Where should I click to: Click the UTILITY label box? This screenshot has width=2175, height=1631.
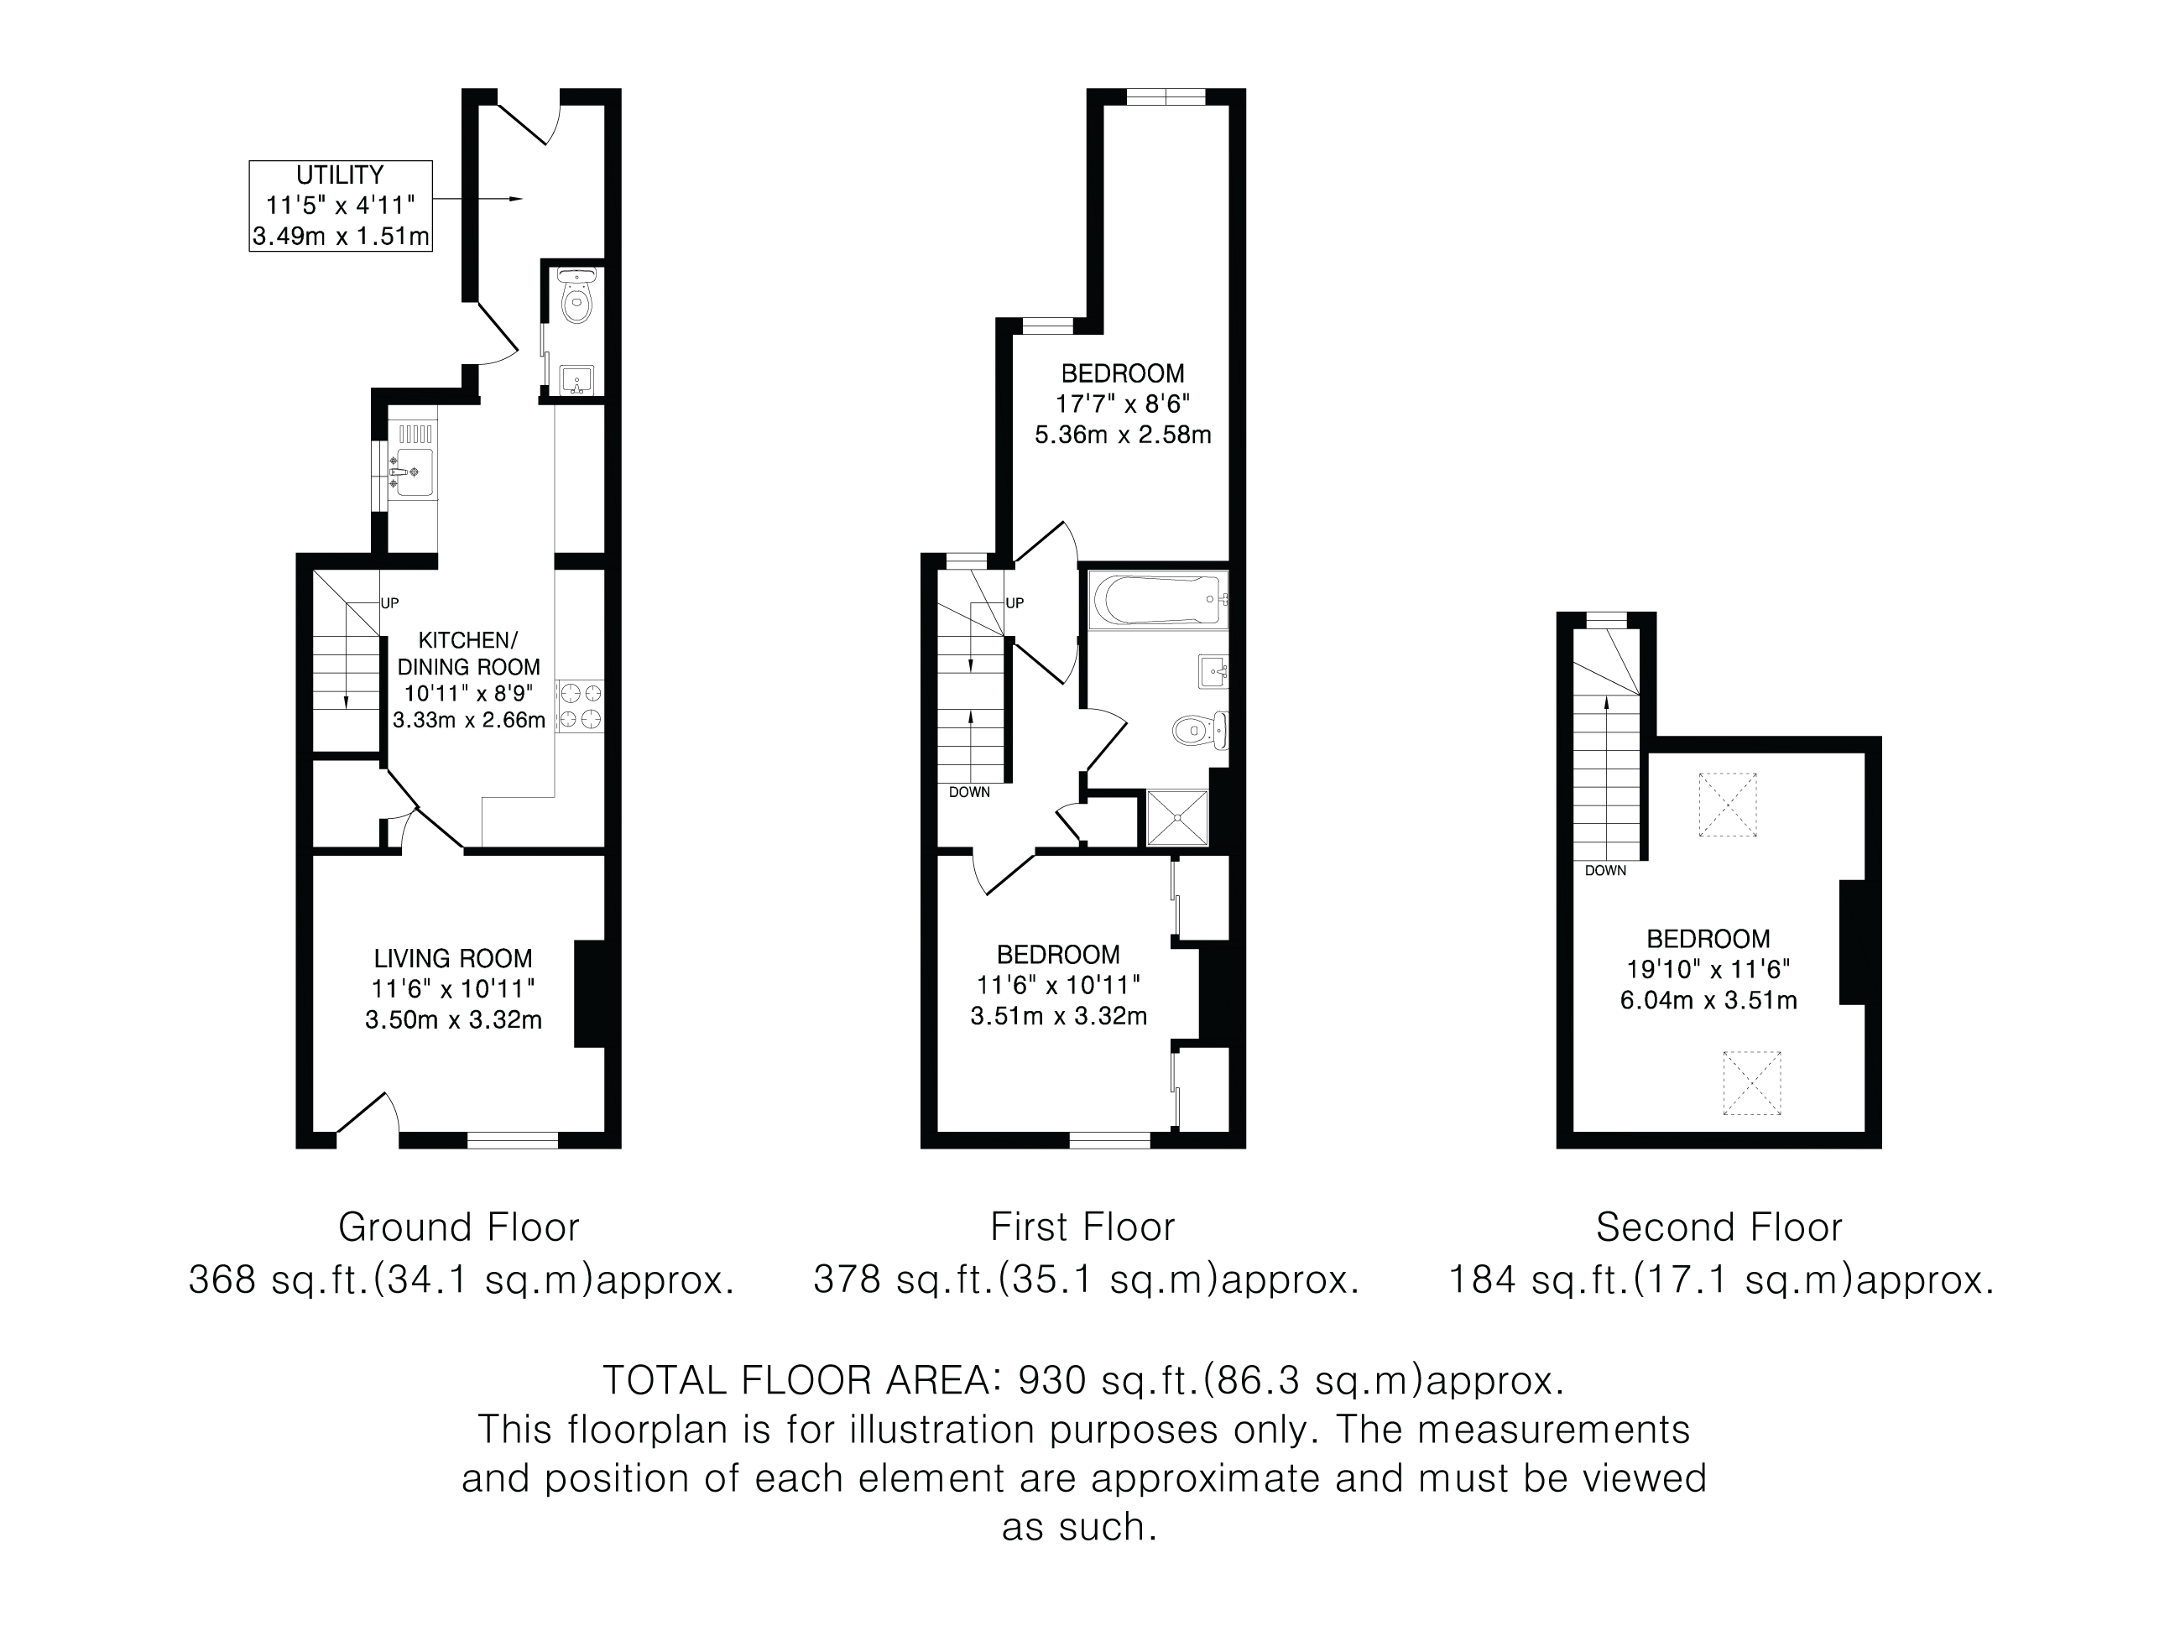coord(340,206)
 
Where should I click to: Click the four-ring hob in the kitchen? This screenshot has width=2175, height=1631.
coord(580,706)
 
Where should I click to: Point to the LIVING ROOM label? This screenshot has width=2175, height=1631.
coord(453,958)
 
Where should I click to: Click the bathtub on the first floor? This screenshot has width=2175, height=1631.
coord(1158,599)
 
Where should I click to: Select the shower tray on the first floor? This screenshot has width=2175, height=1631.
coord(1178,818)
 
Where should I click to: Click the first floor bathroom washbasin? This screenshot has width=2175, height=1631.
coord(1213,673)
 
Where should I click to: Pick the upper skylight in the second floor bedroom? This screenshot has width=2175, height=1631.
coord(1728,805)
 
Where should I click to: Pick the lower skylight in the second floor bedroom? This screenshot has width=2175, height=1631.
coord(1752,1082)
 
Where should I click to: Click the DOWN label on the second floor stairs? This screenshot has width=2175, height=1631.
coord(1606,870)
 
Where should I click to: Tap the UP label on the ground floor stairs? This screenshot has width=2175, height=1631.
coord(389,603)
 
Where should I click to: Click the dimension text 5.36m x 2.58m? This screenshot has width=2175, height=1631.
coord(1123,435)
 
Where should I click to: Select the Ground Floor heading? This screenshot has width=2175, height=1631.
coord(459,1227)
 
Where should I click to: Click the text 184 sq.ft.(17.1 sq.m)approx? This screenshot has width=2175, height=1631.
coord(1722,1280)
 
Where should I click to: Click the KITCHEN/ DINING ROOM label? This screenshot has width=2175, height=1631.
coord(469,653)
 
